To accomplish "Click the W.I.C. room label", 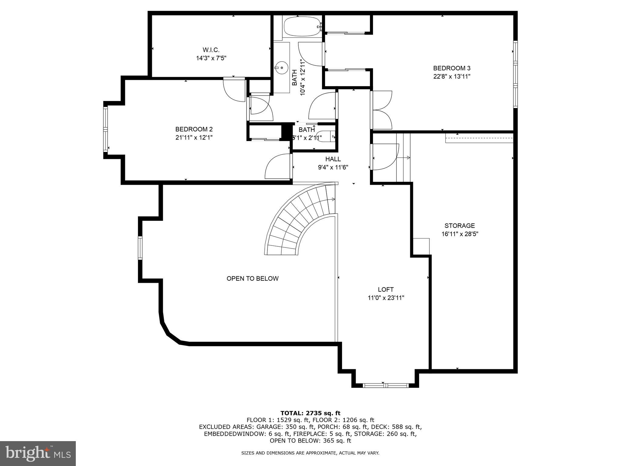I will click(211, 50).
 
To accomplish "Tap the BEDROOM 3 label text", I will click(451, 68).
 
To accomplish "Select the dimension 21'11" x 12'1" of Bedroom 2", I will click(194, 137).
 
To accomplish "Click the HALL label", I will click(333, 159).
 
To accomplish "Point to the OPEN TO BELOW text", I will click(252, 279).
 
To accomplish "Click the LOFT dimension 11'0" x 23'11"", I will click(386, 298).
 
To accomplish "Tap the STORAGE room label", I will click(459, 226).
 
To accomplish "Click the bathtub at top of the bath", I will click(302, 27).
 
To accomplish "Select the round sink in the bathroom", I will click(282, 68).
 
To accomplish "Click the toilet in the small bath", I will click(326, 136).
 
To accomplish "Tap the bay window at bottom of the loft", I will click(385, 386).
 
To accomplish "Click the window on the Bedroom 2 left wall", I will click(106, 129).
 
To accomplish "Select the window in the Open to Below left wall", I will click(140, 248).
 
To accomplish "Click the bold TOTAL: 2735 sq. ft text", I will click(310, 413).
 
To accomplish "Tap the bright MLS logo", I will click(38, 453).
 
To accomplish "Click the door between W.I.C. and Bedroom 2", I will click(234, 89).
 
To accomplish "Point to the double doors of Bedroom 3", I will click(381, 110).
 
